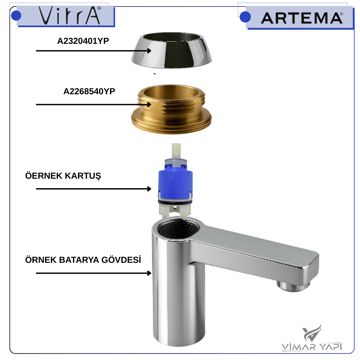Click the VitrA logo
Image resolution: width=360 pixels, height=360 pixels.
tap(70, 15)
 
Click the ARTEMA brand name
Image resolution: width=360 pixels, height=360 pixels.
tap(302, 18)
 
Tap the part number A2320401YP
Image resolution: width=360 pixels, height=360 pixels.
tap(83, 41)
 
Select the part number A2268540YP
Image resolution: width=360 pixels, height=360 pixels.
tap(89, 91)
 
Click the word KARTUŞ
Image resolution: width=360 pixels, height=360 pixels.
tap(83, 176)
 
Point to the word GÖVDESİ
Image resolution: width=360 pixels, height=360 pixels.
tap(121, 260)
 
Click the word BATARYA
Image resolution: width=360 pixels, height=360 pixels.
tap(79, 260)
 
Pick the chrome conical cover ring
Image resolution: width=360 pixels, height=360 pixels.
tap(171, 50)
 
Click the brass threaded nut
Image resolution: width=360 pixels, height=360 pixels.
tap(171, 109)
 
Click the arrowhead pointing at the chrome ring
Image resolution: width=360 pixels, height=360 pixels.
tap(149, 51)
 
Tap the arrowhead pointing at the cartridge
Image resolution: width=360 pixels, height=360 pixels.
tap(149, 189)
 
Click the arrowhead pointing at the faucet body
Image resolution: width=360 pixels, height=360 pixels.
tap(149, 273)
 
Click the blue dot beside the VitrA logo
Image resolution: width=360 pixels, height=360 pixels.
tap(16, 16)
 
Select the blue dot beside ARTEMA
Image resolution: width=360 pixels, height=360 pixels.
tap(245, 17)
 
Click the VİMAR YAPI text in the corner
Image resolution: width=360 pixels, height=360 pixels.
tap(312, 347)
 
